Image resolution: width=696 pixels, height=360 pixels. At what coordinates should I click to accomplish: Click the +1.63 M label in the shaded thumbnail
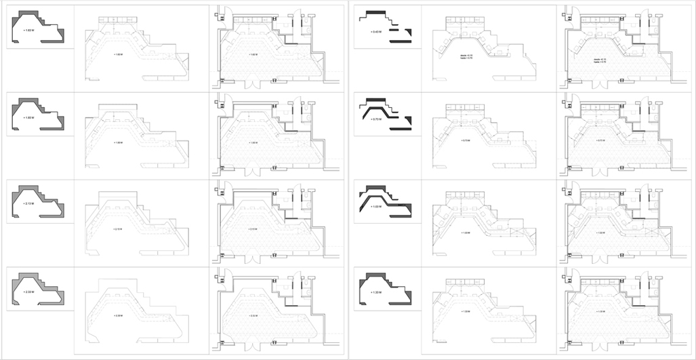coord(28,31)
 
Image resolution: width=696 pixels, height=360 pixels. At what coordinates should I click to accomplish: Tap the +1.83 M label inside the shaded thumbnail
coord(28,118)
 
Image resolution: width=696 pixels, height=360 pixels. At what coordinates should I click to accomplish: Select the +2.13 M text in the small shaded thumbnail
coord(28,203)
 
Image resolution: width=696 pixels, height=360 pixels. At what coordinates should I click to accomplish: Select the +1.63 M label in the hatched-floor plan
coord(253,54)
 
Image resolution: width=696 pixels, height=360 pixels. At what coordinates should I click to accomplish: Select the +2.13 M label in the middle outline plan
coord(119,228)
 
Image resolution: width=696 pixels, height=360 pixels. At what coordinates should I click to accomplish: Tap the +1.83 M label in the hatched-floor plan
coord(253,142)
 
